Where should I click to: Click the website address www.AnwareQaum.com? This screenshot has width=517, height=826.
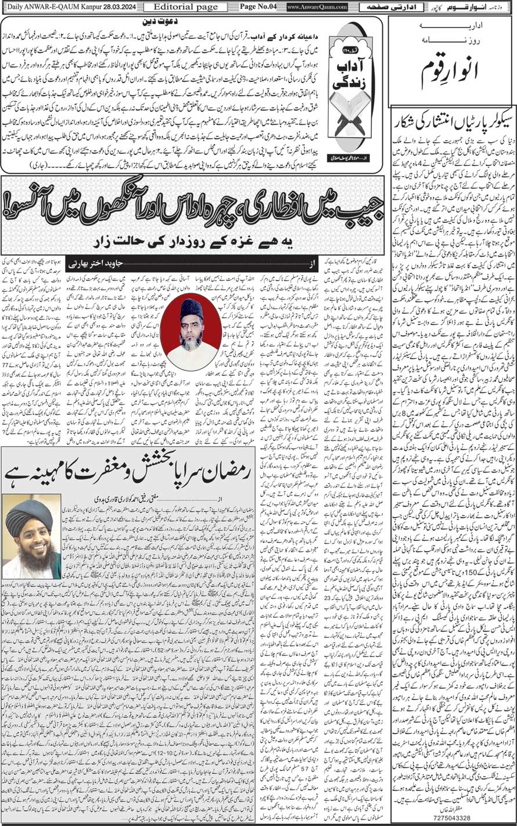(x=317, y=7)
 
